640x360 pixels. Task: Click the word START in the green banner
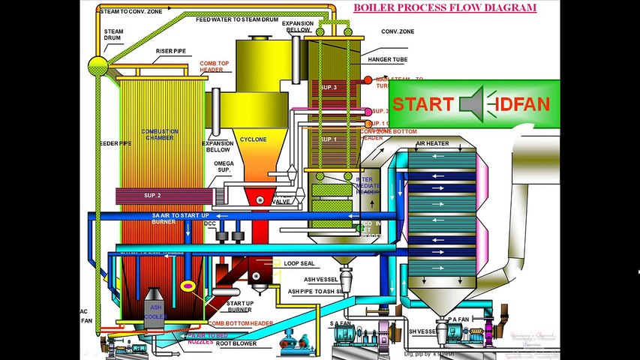(x=423, y=104)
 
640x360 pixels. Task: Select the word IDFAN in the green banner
(x=523, y=104)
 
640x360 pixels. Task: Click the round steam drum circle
(x=98, y=64)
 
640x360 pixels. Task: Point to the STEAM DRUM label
(x=114, y=35)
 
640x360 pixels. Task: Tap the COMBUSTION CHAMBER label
(x=160, y=135)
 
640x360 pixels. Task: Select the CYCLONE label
(x=254, y=139)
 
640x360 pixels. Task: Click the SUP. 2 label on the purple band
(x=153, y=196)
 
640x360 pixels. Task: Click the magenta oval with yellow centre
(x=188, y=286)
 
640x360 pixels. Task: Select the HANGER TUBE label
(x=388, y=58)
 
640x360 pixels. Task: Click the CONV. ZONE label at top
(x=398, y=31)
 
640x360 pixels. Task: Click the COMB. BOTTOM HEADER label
(x=242, y=323)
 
